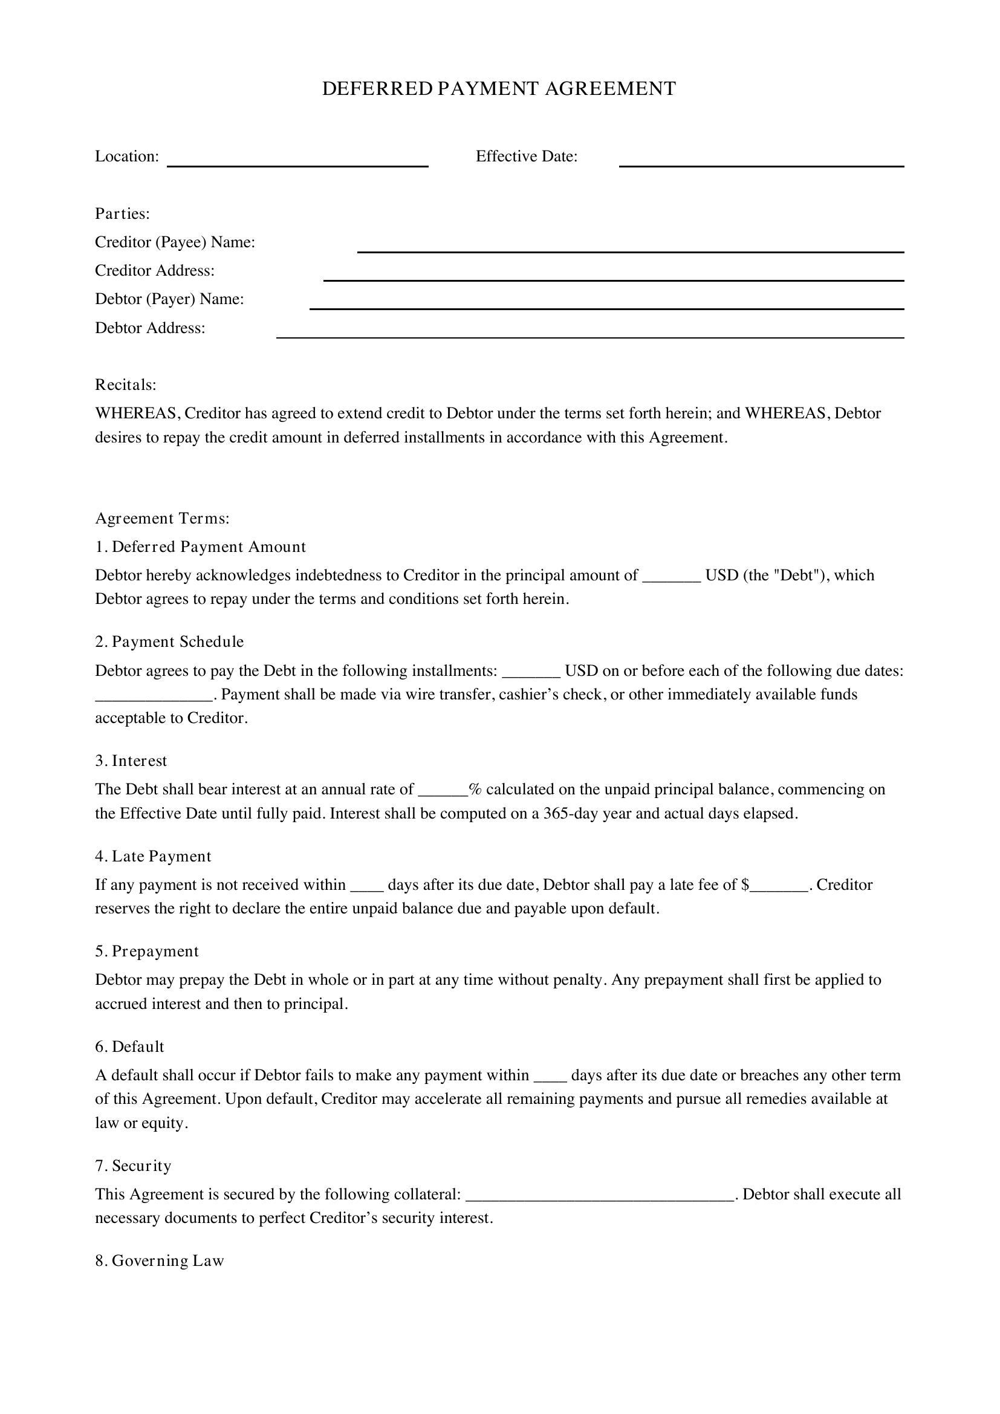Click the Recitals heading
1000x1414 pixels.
point(126,385)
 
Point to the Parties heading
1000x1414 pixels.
point(123,213)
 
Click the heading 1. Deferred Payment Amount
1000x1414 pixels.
point(200,547)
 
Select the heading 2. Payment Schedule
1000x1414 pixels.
point(169,642)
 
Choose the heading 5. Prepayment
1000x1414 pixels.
point(146,952)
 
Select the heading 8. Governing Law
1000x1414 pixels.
point(160,1260)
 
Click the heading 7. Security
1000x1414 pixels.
point(133,1166)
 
